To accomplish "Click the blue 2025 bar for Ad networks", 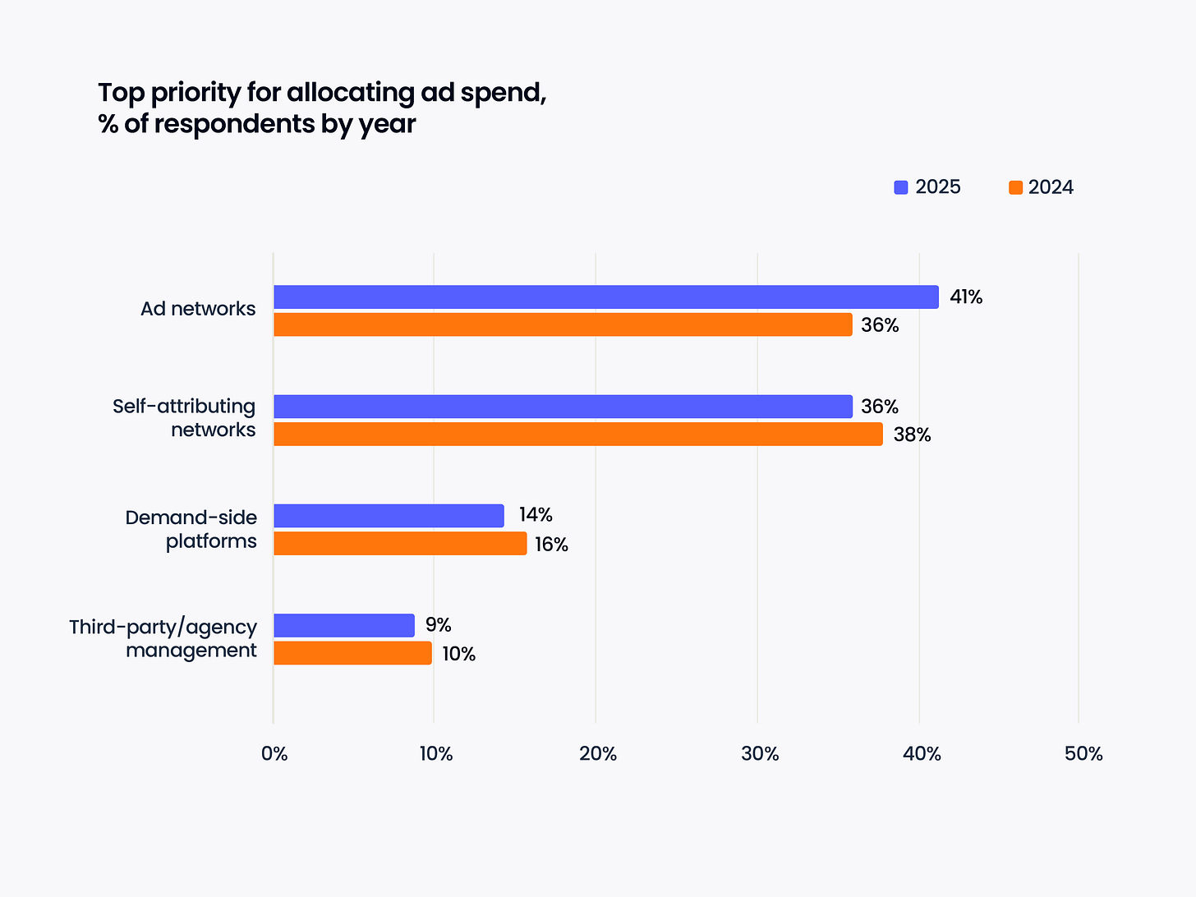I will [x=605, y=297].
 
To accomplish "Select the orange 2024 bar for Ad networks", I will [x=563, y=324].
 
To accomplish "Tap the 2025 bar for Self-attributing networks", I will [x=563, y=407].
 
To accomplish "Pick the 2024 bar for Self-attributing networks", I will [x=577, y=435].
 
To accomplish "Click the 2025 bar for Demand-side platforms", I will [x=389, y=516].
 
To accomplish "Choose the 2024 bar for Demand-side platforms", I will [x=400, y=544].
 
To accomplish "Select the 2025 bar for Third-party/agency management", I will [x=343, y=625].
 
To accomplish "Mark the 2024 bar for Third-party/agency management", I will [x=352, y=653].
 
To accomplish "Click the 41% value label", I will [x=966, y=297].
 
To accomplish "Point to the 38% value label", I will [x=912, y=435].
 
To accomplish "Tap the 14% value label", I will [x=536, y=515].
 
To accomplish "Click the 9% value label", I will [x=439, y=625].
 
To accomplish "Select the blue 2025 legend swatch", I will [x=901, y=187].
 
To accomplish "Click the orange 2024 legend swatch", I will [x=1016, y=187].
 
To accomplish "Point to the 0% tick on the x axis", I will [x=274, y=754].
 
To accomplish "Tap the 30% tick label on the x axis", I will [x=760, y=754].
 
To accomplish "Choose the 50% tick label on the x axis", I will [x=1083, y=754].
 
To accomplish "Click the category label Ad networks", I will [x=198, y=309].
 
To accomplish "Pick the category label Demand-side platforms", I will [x=191, y=529].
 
